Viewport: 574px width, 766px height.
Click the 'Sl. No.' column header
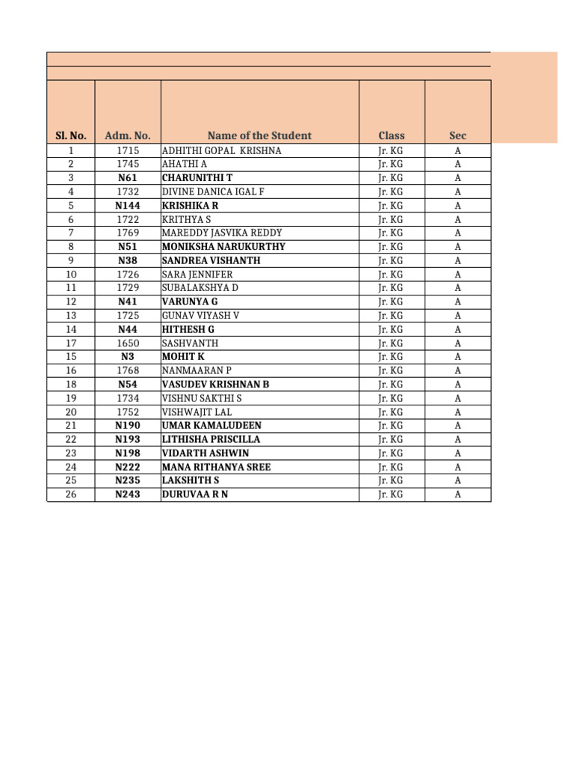[71, 135]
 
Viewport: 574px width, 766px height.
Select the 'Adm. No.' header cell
[128, 135]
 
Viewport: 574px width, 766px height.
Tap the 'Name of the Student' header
[259, 135]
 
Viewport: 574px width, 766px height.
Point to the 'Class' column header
[392, 135]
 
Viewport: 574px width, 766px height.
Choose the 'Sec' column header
[457, 135]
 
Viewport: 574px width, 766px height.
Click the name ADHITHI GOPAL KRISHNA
[222, 150]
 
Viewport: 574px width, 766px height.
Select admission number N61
[128, 178]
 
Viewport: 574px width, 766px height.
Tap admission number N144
[128, 206]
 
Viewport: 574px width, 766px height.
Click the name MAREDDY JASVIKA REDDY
[222, 233]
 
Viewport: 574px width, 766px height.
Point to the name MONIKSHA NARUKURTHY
[223, 247]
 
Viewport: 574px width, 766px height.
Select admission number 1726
[128, 275]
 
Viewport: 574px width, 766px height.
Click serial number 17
[71, 343]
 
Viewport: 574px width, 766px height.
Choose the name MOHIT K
[183, 357]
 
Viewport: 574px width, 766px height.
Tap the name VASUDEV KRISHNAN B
[215, 384]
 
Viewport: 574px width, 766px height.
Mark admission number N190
[128, 426]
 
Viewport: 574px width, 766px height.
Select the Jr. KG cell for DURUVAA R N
[391, 494]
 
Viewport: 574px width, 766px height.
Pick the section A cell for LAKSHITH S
[457, 480]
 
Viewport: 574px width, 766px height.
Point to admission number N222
[128, 467]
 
